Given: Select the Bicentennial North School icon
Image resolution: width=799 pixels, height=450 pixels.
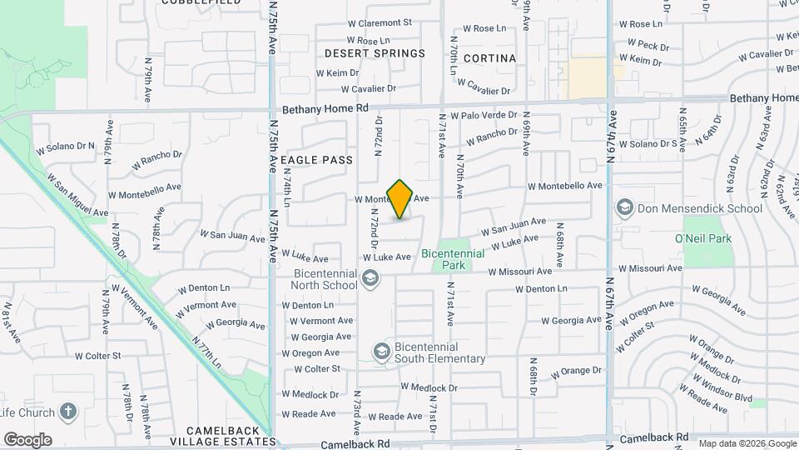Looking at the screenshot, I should [x=371, y=279].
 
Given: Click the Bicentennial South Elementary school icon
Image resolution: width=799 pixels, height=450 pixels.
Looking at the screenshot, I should [x=382, y=352].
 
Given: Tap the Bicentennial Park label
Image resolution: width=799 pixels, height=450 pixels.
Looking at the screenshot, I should [x=454, y=259].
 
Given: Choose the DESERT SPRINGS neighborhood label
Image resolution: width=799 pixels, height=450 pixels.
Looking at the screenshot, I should [x=375, y=53].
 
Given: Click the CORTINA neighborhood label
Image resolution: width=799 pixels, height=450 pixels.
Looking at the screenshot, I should [x=489, y=58].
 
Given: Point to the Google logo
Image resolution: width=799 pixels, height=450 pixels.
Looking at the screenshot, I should [x=27, y=439].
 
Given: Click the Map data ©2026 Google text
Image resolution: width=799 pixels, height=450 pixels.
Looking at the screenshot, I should [x=746, y=443].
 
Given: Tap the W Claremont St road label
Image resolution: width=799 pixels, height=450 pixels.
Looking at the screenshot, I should [x=380, y=22].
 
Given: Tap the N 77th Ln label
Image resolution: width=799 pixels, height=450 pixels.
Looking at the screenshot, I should [x=206, y=352].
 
